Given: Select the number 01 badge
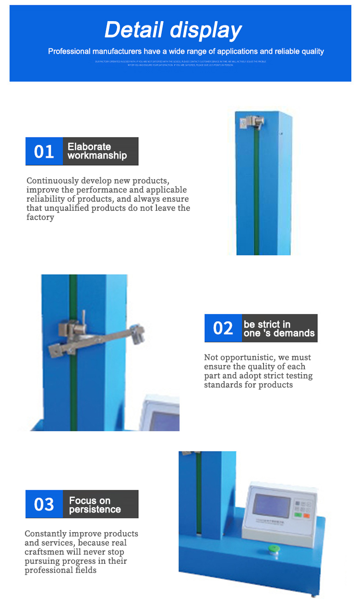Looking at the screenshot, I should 44,151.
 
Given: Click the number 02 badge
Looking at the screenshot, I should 223,328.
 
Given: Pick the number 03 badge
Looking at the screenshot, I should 44,504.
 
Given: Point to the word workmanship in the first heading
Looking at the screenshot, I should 97,156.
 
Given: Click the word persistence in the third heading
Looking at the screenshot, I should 95,510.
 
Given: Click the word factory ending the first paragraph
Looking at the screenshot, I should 40,218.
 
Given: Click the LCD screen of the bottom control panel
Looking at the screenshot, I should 272,506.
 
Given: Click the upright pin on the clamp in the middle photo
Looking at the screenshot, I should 83,317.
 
